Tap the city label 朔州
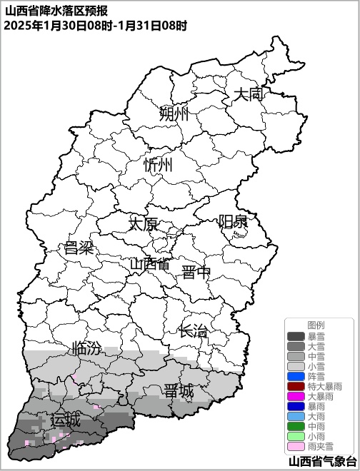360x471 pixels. click(x=174, y=114)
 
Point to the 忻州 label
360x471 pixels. click(x=158, y=166)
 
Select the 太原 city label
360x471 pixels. click(x=143, y=224)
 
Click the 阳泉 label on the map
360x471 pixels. click(x=233, y=221)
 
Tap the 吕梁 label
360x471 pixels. click(x=79, y=249)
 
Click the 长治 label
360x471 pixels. click(x=194, y=332)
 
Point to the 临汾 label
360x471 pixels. click(x=86, y=349)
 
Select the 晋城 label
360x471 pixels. click(x=179, y=391)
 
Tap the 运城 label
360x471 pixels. click(x=65, y=420)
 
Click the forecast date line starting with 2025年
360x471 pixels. click(x=95, y=25)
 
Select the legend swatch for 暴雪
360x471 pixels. click(x=296, y=336)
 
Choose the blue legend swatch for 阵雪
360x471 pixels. click(x=296, y=376)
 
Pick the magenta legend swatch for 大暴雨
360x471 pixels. click(x=296, y=396)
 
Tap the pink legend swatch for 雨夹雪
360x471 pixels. click(x=296, y=446)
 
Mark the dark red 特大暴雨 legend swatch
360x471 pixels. click(x=296, y=386)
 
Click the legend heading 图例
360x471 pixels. click(x=316, y=325)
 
